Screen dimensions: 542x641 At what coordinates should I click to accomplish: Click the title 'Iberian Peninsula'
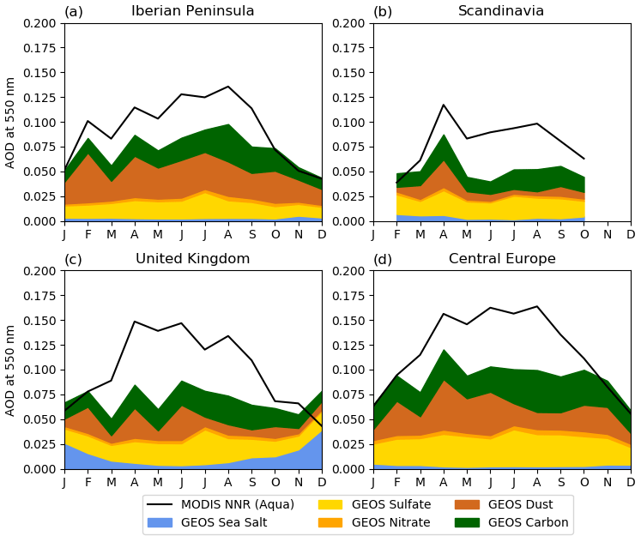(x=192, y=11)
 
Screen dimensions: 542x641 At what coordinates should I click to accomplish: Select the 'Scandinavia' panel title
(x=501, y=11)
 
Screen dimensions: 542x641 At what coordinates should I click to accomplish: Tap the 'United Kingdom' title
(x=192, y=259)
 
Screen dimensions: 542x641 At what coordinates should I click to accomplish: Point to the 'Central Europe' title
(x=502, y=259)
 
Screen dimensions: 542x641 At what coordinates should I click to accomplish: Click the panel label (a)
(x=74, y=11)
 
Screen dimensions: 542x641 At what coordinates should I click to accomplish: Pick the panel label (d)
(x=383, y=259)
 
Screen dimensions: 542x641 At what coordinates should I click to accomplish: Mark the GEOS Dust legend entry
(x=513, y=505)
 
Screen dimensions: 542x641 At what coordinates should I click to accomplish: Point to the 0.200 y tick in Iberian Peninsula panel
(x=39, y=23)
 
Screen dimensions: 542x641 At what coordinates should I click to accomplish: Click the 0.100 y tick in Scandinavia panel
(x=348, y=123)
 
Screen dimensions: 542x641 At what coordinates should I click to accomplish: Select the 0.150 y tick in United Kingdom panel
(x=39, y=321)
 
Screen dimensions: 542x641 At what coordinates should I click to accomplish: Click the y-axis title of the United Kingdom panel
(x=11, y=370)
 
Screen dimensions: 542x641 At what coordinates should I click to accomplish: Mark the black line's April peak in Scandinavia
(x=444, y=105)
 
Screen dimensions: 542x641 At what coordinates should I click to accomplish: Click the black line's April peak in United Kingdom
(x=135, y=322)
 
